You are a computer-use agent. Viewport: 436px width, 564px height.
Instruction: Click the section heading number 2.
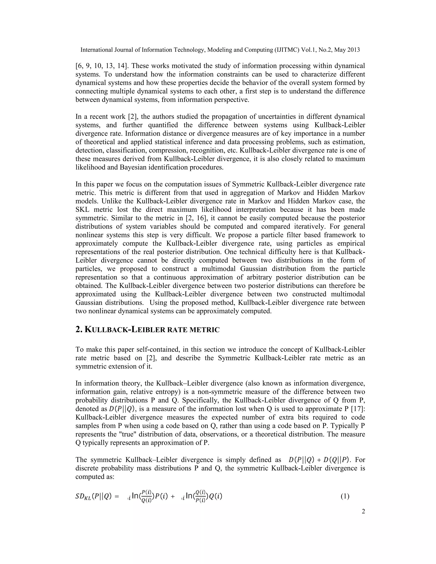tap(78, 330)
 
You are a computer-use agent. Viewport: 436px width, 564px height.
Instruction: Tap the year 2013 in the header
tap(353, 50)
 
